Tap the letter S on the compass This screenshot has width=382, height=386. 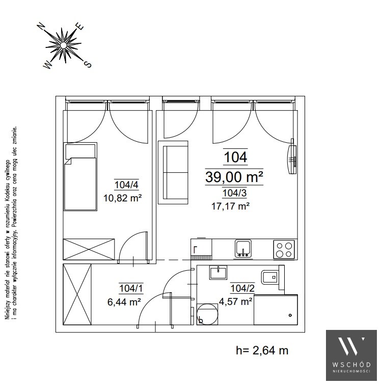click(88, 64)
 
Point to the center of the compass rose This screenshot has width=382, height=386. click(64, 45)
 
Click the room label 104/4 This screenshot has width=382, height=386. click(127, 185)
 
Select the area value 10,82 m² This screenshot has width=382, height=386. click(122, 198)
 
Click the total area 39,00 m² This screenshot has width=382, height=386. click(234, 177)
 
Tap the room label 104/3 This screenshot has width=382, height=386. click(234, 193)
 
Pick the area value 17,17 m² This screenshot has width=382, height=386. click(231, 206)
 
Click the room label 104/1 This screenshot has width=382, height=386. click(131, 288)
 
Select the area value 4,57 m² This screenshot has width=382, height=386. click(235, 301)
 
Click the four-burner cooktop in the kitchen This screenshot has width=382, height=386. click(284, 250)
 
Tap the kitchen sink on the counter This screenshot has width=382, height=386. click(243, 248)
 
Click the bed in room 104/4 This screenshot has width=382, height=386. click(80, 176)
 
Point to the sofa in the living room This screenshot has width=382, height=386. click(173, 172)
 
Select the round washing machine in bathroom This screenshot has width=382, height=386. click(207, 314)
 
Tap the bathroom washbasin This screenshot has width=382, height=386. click(218, 272)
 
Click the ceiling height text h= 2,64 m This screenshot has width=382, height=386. click(262, 350)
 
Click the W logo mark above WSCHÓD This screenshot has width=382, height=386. click(351, 346)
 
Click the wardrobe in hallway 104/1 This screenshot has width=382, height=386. click(77, 294)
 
